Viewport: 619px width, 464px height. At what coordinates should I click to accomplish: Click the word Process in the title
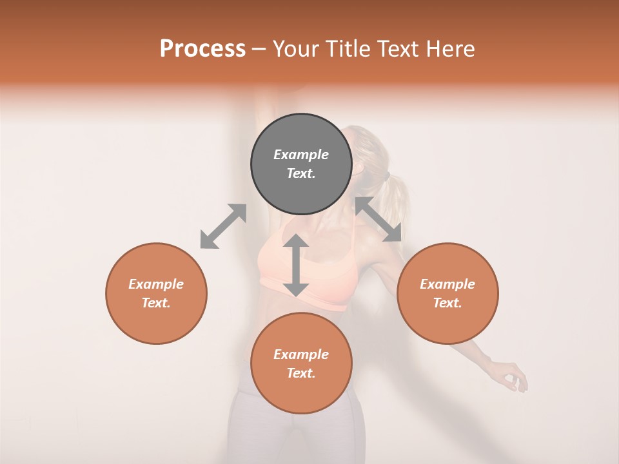pos(202,49)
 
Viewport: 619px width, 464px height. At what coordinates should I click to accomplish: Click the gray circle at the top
pos(301,164)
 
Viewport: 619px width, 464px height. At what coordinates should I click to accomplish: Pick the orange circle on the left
pos(156,293)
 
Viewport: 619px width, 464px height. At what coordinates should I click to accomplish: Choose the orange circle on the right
pos(447,293)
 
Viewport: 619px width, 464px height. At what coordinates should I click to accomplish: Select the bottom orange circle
pos(301,363)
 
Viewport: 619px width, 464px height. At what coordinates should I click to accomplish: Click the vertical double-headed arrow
pos(296,265)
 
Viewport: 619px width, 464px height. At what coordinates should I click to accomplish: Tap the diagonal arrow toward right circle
pos(378,219)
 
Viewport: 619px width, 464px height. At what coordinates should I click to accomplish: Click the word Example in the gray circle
pos(301,155)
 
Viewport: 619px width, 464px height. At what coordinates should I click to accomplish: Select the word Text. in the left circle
pos(156,303)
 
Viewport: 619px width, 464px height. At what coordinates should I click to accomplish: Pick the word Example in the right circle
pos(447,284)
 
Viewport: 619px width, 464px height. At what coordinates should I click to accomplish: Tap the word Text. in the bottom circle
pos(301,373)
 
